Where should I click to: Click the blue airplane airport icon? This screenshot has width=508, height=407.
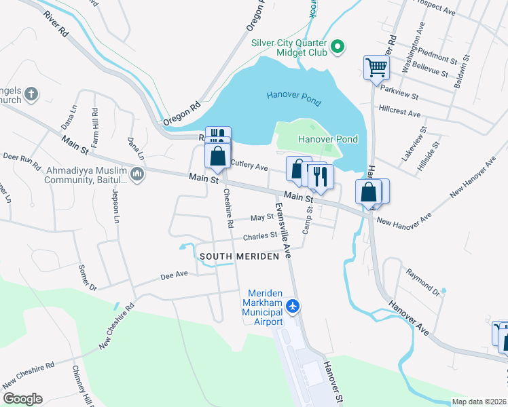click(293, 307)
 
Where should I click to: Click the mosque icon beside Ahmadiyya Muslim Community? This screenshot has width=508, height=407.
click(138, 176)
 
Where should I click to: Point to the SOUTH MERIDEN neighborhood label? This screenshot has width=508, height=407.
click(240, 256)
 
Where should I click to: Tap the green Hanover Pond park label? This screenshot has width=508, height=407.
click(328, 139)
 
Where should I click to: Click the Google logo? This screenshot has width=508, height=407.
click(22, 399)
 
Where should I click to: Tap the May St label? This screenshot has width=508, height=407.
click(261, 218)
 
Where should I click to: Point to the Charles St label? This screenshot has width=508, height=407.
click(261, 236)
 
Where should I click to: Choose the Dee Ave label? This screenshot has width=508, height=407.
click(173, 275)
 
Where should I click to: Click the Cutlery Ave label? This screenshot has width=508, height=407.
click(249, 164)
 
